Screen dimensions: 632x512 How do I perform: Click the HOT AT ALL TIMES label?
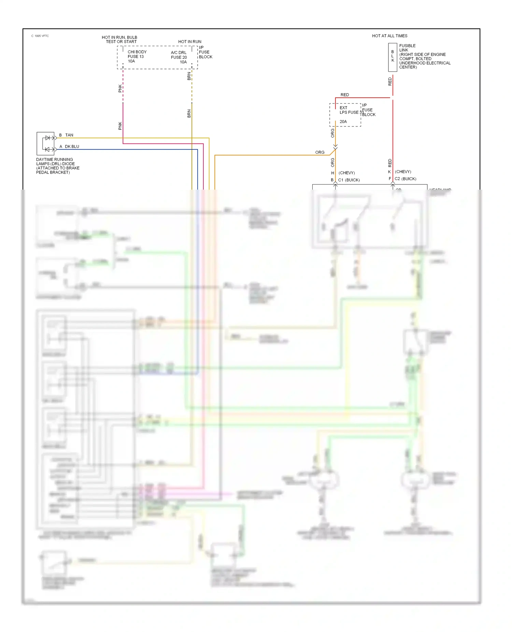point(389,36)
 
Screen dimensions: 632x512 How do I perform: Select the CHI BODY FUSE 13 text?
point(137,56)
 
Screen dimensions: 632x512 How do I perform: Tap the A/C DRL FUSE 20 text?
point(179,57)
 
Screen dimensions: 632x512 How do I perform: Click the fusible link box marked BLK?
point(393,57)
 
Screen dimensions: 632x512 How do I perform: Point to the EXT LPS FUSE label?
point(349,110)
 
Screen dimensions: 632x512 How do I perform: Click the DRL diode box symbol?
point(45,143)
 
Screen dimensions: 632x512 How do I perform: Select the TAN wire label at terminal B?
point(69,135)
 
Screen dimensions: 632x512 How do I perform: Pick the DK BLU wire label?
point(72,147)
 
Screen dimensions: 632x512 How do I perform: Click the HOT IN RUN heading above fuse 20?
point(190,42)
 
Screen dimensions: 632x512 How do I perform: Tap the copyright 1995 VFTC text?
point(40,36)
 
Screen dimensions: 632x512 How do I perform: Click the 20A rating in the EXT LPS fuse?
point(343,122)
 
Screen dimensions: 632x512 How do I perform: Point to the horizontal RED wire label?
point(345,95)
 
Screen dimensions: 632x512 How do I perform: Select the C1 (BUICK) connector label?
point(349,180)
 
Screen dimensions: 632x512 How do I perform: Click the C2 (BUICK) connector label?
point(405,179)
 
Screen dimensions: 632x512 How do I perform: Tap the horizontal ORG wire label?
point(320,152)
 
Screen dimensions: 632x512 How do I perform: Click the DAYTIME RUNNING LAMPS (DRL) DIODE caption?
point(58,166)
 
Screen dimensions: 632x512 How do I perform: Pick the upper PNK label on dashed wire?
point(120,88)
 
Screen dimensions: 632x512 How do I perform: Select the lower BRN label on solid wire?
point(189,113)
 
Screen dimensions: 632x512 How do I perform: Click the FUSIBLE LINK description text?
point(425,56)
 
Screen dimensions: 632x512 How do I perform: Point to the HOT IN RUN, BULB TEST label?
point(119,40)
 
